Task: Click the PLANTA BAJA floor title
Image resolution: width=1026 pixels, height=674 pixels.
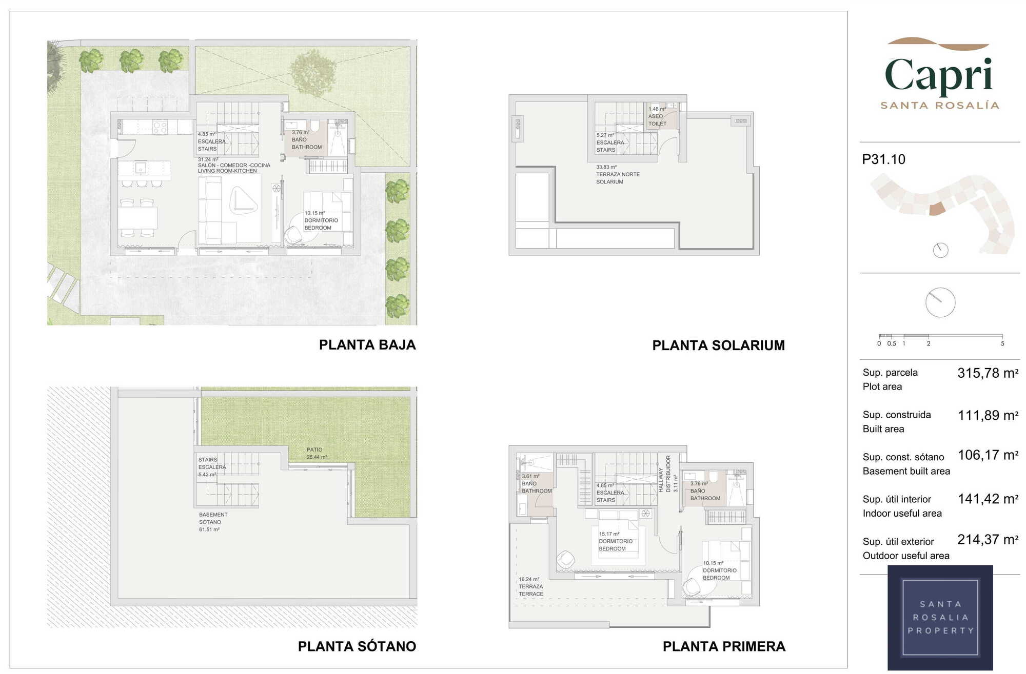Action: tap(367, 345)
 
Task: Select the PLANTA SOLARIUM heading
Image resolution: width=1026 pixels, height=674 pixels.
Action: tap(718, 345)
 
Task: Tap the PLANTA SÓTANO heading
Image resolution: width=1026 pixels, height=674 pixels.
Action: tap(357, 646)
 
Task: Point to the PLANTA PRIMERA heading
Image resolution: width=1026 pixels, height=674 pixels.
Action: tap(724, 646)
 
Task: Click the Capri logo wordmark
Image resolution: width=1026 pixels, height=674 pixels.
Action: tap(939, 76)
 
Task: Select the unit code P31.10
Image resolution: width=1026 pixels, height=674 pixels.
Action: tap(883, 159)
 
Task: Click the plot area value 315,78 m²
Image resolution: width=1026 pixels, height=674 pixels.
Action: tap(988, 373)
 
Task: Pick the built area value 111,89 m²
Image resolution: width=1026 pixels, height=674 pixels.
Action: tap(988, 416)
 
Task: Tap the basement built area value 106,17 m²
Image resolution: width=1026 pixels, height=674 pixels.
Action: tap(988, 455)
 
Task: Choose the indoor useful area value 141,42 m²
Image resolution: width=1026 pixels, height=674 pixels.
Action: tap(988, 499)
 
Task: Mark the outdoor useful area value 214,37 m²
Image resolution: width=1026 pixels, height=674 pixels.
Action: tap(988, 540)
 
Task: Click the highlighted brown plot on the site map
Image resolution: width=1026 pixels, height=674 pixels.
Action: tap(937, 209)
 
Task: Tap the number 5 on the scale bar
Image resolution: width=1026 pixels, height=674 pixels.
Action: tap(1002, 343)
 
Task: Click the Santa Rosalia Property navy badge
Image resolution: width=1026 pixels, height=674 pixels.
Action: tap(940, 618)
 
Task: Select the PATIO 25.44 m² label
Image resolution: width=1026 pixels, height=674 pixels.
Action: tap(317, 453)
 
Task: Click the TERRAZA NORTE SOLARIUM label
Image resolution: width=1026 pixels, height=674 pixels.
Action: tap(618, 174)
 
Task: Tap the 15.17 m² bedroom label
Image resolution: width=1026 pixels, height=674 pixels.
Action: tap(616, 541)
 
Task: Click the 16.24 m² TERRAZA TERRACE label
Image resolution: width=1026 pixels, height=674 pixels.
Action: tap(531, 586)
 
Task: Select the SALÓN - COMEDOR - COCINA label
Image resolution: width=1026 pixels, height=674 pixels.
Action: tap(234, 165)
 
